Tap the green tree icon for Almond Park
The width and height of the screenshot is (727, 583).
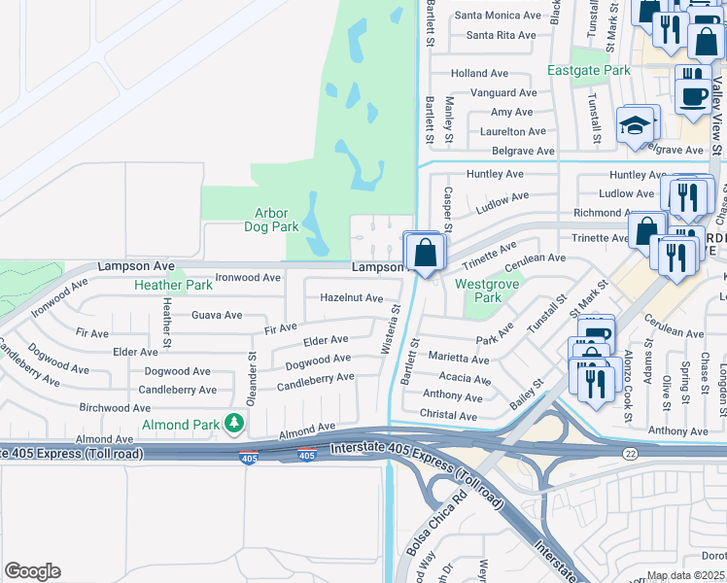(233, 423)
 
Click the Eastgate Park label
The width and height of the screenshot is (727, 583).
(588, 71)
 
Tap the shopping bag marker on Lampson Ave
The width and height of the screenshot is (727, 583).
(426, 254)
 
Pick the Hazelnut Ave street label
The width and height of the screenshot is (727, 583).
(352, 298)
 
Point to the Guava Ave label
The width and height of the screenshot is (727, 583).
(217, 315)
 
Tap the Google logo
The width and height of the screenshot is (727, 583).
(33, 571)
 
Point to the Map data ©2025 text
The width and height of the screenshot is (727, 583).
(686, 575)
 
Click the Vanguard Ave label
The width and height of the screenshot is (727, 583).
(502, 93)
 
